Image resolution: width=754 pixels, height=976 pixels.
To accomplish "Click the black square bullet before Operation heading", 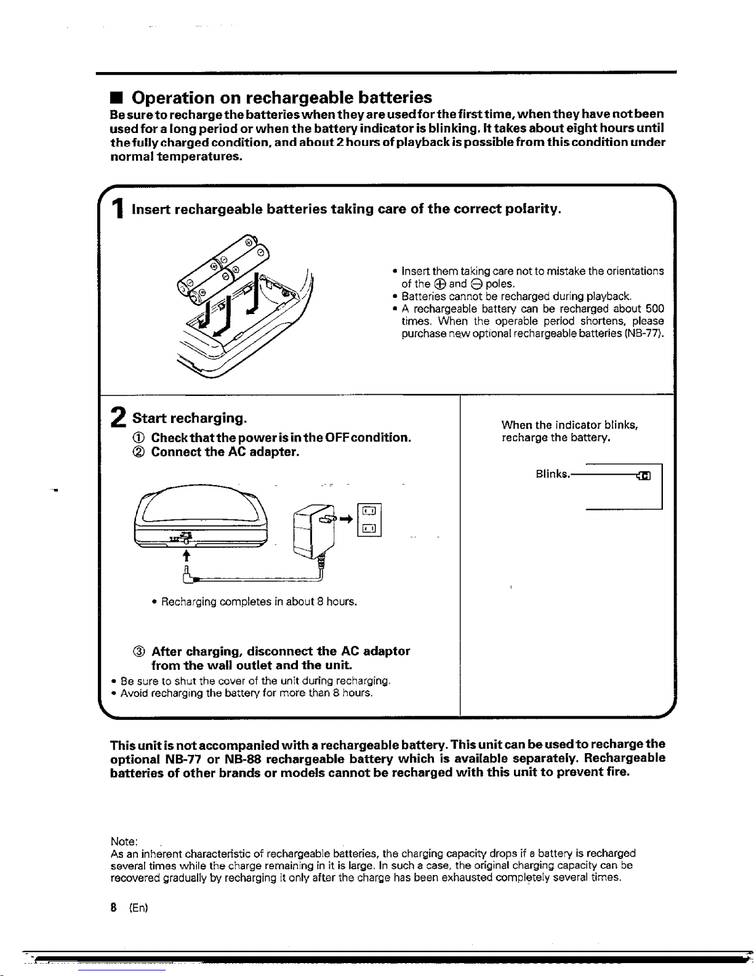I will tap(115, 99).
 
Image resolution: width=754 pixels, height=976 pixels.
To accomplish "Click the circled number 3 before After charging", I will tap(138, 651).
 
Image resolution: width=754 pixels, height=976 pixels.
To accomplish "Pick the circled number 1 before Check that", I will tap(138, 438).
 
